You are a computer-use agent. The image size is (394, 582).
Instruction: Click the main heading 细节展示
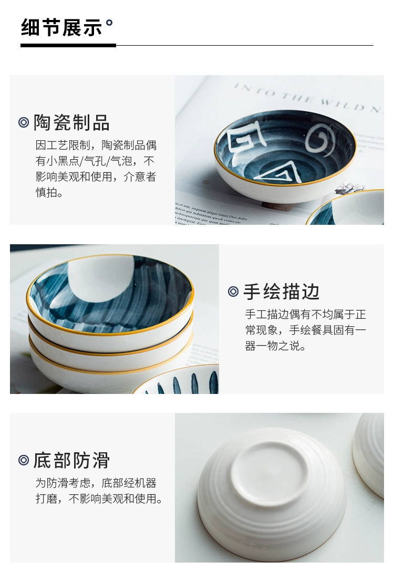61,27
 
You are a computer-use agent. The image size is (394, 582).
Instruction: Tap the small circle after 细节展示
109,23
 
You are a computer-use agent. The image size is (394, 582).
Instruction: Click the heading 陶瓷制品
71,122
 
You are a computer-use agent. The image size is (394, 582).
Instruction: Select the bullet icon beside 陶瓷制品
24,122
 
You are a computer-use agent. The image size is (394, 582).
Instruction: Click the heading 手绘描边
281,292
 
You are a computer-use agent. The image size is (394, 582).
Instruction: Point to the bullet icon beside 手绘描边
233,292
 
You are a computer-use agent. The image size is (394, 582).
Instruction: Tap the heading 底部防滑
71,460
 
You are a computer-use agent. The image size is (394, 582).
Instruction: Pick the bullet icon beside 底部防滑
24,460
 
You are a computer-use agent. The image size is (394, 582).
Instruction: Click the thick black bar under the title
68,45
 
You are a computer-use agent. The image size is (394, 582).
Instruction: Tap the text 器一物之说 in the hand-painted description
275,346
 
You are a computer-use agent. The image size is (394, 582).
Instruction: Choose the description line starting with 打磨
99,498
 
